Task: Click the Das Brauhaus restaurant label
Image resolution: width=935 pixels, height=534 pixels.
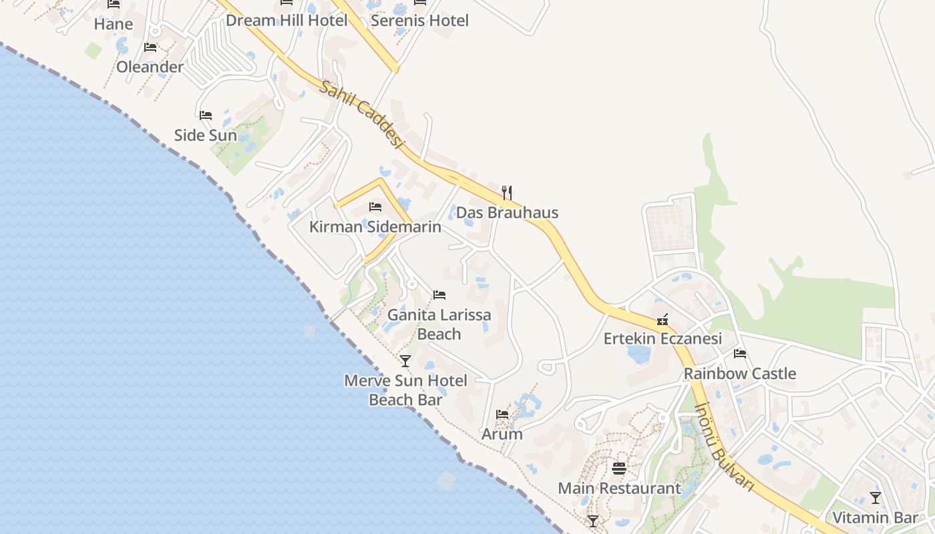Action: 507,213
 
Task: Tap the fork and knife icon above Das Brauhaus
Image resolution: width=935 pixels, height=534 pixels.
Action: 507,193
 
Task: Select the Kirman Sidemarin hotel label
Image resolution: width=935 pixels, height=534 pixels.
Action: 375,227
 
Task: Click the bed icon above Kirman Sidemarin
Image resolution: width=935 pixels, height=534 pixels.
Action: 375,207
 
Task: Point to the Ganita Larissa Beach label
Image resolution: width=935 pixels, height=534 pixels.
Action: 439,324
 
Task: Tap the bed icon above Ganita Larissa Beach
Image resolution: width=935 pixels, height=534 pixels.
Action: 439,294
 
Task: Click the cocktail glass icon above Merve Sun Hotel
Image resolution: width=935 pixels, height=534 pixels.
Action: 405,361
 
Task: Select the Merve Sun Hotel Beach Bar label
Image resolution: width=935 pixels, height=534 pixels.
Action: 405,390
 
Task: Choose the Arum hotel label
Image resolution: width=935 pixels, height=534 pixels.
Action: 502,434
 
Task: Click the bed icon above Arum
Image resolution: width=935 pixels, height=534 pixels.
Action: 502,415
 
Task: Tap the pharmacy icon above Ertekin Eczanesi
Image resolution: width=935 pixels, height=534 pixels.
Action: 663,319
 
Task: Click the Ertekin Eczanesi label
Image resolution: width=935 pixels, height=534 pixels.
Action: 663,339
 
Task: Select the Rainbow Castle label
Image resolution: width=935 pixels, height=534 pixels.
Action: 740,374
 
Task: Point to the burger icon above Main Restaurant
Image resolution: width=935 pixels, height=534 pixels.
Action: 619,468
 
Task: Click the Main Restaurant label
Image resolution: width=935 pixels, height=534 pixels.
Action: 619,489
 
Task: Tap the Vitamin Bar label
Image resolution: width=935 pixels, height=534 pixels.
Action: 875,517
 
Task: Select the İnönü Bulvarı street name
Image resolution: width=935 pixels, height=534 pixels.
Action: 724,447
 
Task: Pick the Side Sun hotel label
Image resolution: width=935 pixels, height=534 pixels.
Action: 206,136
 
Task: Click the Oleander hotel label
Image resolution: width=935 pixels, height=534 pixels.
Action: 150,67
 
